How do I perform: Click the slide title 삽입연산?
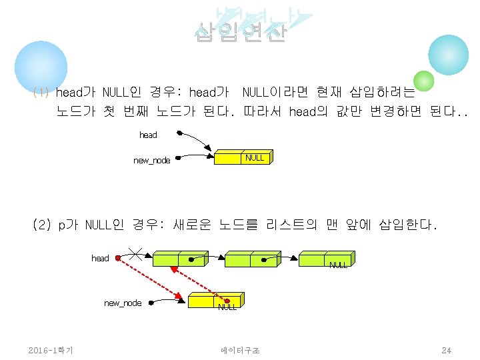coord(240,32)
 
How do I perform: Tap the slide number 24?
coord(446,350)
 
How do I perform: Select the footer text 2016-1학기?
coord(51,350)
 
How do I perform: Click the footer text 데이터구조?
coord(240,350)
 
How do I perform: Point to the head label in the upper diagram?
coord(148,135)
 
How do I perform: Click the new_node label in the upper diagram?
coord(151,160)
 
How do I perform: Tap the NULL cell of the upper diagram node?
coord(254,158)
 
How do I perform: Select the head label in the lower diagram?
coord(100,258)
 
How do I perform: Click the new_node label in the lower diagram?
coord(123,303)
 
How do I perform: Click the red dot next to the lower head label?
coord(117,258)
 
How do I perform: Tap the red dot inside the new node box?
coord(227,301)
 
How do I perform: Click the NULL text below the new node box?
coord(227,307)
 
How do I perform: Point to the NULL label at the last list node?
coord(338,265)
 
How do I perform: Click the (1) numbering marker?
coord(41,92)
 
